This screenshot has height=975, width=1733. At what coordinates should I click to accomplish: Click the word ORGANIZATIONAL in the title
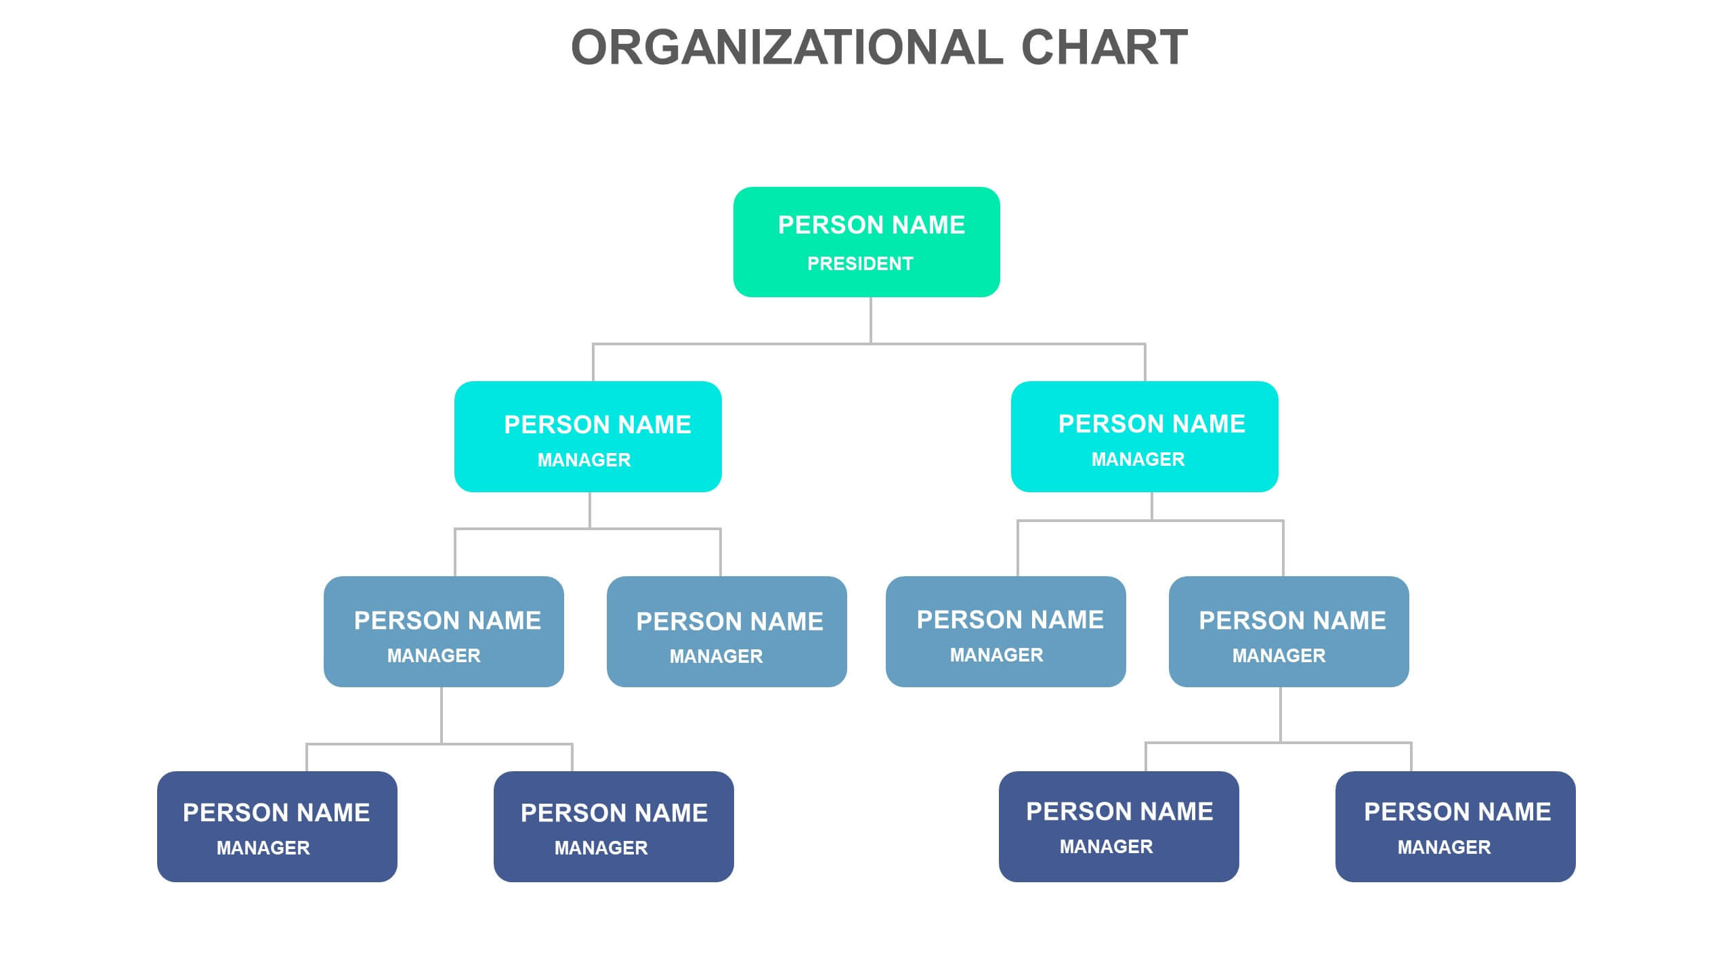point(786,47)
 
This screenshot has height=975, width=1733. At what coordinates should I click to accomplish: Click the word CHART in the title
point(1104,47)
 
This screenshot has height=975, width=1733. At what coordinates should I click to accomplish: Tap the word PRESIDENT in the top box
point(860,263)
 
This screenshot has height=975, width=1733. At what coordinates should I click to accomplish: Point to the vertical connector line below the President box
point(871,320)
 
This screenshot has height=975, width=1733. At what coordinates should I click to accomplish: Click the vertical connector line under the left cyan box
point(590,510)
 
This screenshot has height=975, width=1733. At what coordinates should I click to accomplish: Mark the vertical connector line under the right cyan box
point(1152,506)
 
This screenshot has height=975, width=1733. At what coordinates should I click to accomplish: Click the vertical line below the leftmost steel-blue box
point(442,715)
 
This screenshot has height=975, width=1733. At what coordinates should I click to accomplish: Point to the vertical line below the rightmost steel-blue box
point(1281,714)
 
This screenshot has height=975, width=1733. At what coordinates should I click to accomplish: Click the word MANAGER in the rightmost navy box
point(1444,847)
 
